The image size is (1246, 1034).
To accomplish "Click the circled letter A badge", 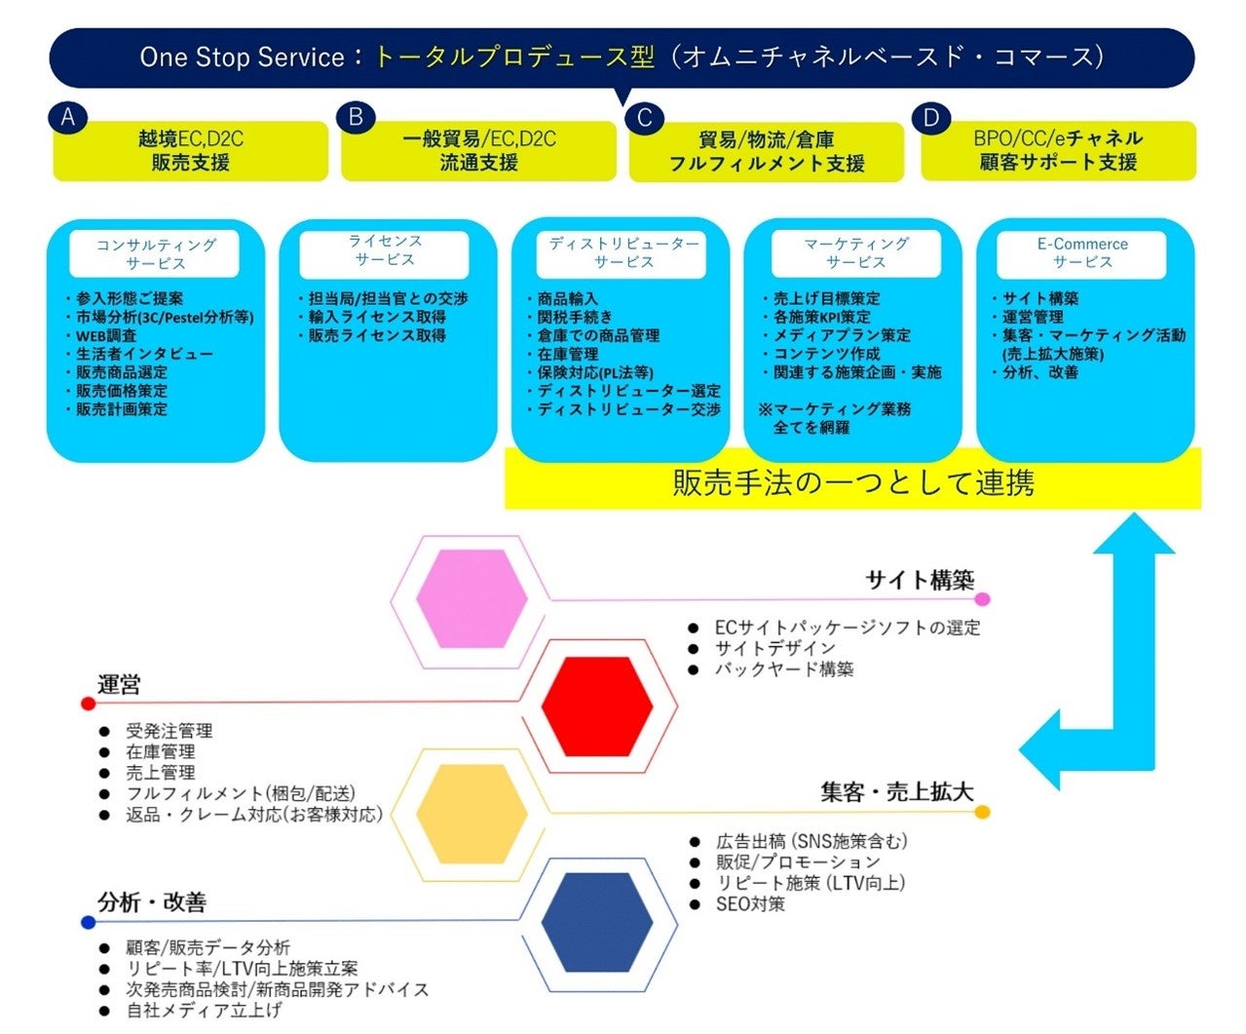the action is [67, 118].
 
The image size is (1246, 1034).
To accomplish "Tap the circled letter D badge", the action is [931, 118].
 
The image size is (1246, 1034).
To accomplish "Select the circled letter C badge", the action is [644, 119].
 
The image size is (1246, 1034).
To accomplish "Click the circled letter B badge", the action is [356, 118].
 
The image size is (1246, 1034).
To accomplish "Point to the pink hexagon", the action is [472, 598].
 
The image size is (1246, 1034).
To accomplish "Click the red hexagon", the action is [596, 706].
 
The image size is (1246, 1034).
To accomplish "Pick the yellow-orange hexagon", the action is [472, 813].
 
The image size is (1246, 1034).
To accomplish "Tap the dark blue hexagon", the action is [596, 922].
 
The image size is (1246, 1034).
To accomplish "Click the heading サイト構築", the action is [920, 581].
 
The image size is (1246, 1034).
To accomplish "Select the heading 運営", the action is [119, 685].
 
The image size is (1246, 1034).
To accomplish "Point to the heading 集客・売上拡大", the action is [896, 792].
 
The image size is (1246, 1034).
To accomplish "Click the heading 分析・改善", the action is [152, 902].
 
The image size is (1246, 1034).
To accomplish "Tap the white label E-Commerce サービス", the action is [1081, 253].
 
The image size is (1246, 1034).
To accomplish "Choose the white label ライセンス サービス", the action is [385, 250].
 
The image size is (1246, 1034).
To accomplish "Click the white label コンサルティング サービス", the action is [155, 253].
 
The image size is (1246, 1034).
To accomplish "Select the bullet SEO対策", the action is [750, 904].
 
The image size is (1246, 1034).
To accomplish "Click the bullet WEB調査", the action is [106, 335].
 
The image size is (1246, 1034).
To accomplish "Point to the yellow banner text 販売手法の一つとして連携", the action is [852, 482].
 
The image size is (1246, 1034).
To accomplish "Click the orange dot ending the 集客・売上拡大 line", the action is [982, 812].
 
